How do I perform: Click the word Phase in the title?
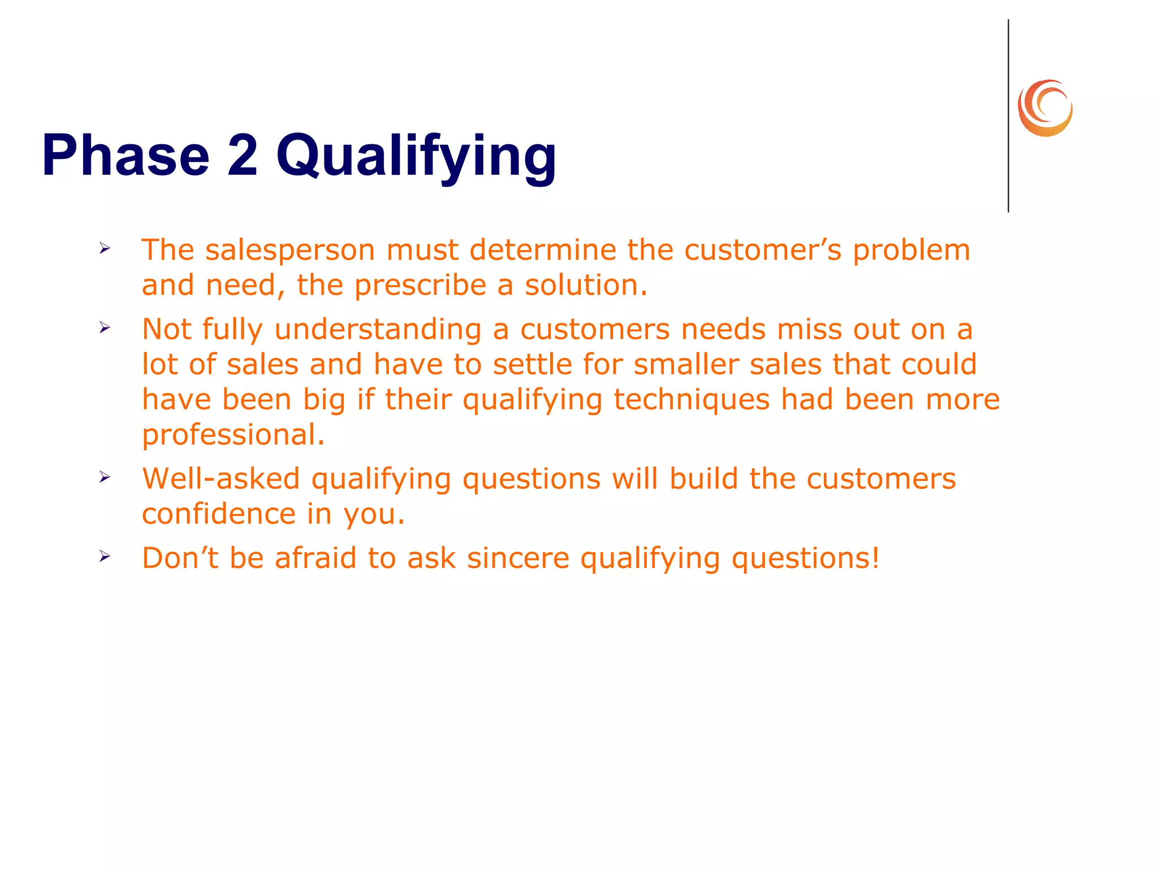click(126, 155)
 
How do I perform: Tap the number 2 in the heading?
click(243, 155)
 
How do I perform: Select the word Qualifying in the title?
click(416, 156)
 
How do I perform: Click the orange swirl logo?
click(1045, 108)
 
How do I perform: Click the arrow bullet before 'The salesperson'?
click(105, 248)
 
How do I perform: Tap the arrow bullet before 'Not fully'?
click(105, 327)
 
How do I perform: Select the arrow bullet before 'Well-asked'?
click(105, 477)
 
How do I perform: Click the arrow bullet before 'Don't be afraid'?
click(105, 556)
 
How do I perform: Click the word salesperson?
click(289, 251)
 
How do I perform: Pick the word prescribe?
click(420, 286)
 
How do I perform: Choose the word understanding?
click(378, 330)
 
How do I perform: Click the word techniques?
click(691, 400)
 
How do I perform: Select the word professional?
click(233, 435)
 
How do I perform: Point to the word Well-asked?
click(221, 479)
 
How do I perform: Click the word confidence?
click(218, 514)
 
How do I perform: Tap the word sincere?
click(518, 558)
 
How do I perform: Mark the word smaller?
click(686, 364)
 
